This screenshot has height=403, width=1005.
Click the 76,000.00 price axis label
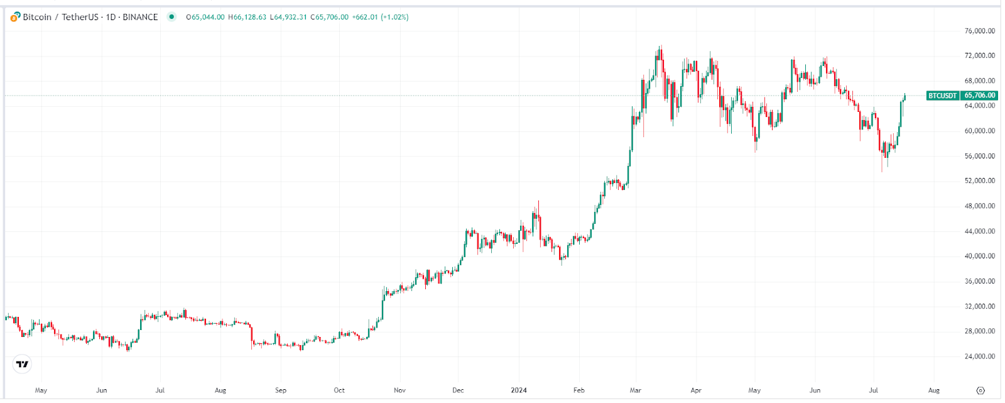click(979, 31)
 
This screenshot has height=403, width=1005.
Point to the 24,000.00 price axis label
click(979, 356)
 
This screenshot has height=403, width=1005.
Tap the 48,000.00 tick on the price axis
click(979, 206)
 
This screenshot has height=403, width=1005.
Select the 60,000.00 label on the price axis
click(979, 131)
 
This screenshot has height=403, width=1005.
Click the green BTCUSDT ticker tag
click(943, 96)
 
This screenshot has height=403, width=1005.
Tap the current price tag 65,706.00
click(979, 96)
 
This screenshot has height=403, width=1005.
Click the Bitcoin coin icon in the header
click(15, 17)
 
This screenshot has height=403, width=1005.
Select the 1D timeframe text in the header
click(111, 17)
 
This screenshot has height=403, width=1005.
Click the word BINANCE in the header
click(140, 17)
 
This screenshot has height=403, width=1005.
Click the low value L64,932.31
click(288, 17)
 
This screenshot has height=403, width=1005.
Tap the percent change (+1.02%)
click(394, 17)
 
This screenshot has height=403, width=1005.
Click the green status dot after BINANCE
click(171, 17)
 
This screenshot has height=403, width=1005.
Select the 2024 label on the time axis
click(519, 390)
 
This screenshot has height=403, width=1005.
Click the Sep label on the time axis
click(281, 390)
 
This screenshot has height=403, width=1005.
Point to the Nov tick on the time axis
click(399, 390)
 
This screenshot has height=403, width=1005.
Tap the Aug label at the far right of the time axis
click(934, 390)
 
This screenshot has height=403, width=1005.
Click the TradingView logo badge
click(22, 364)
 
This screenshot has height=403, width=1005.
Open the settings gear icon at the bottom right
click(981, 390)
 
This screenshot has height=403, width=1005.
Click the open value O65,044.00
click(205, 17)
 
